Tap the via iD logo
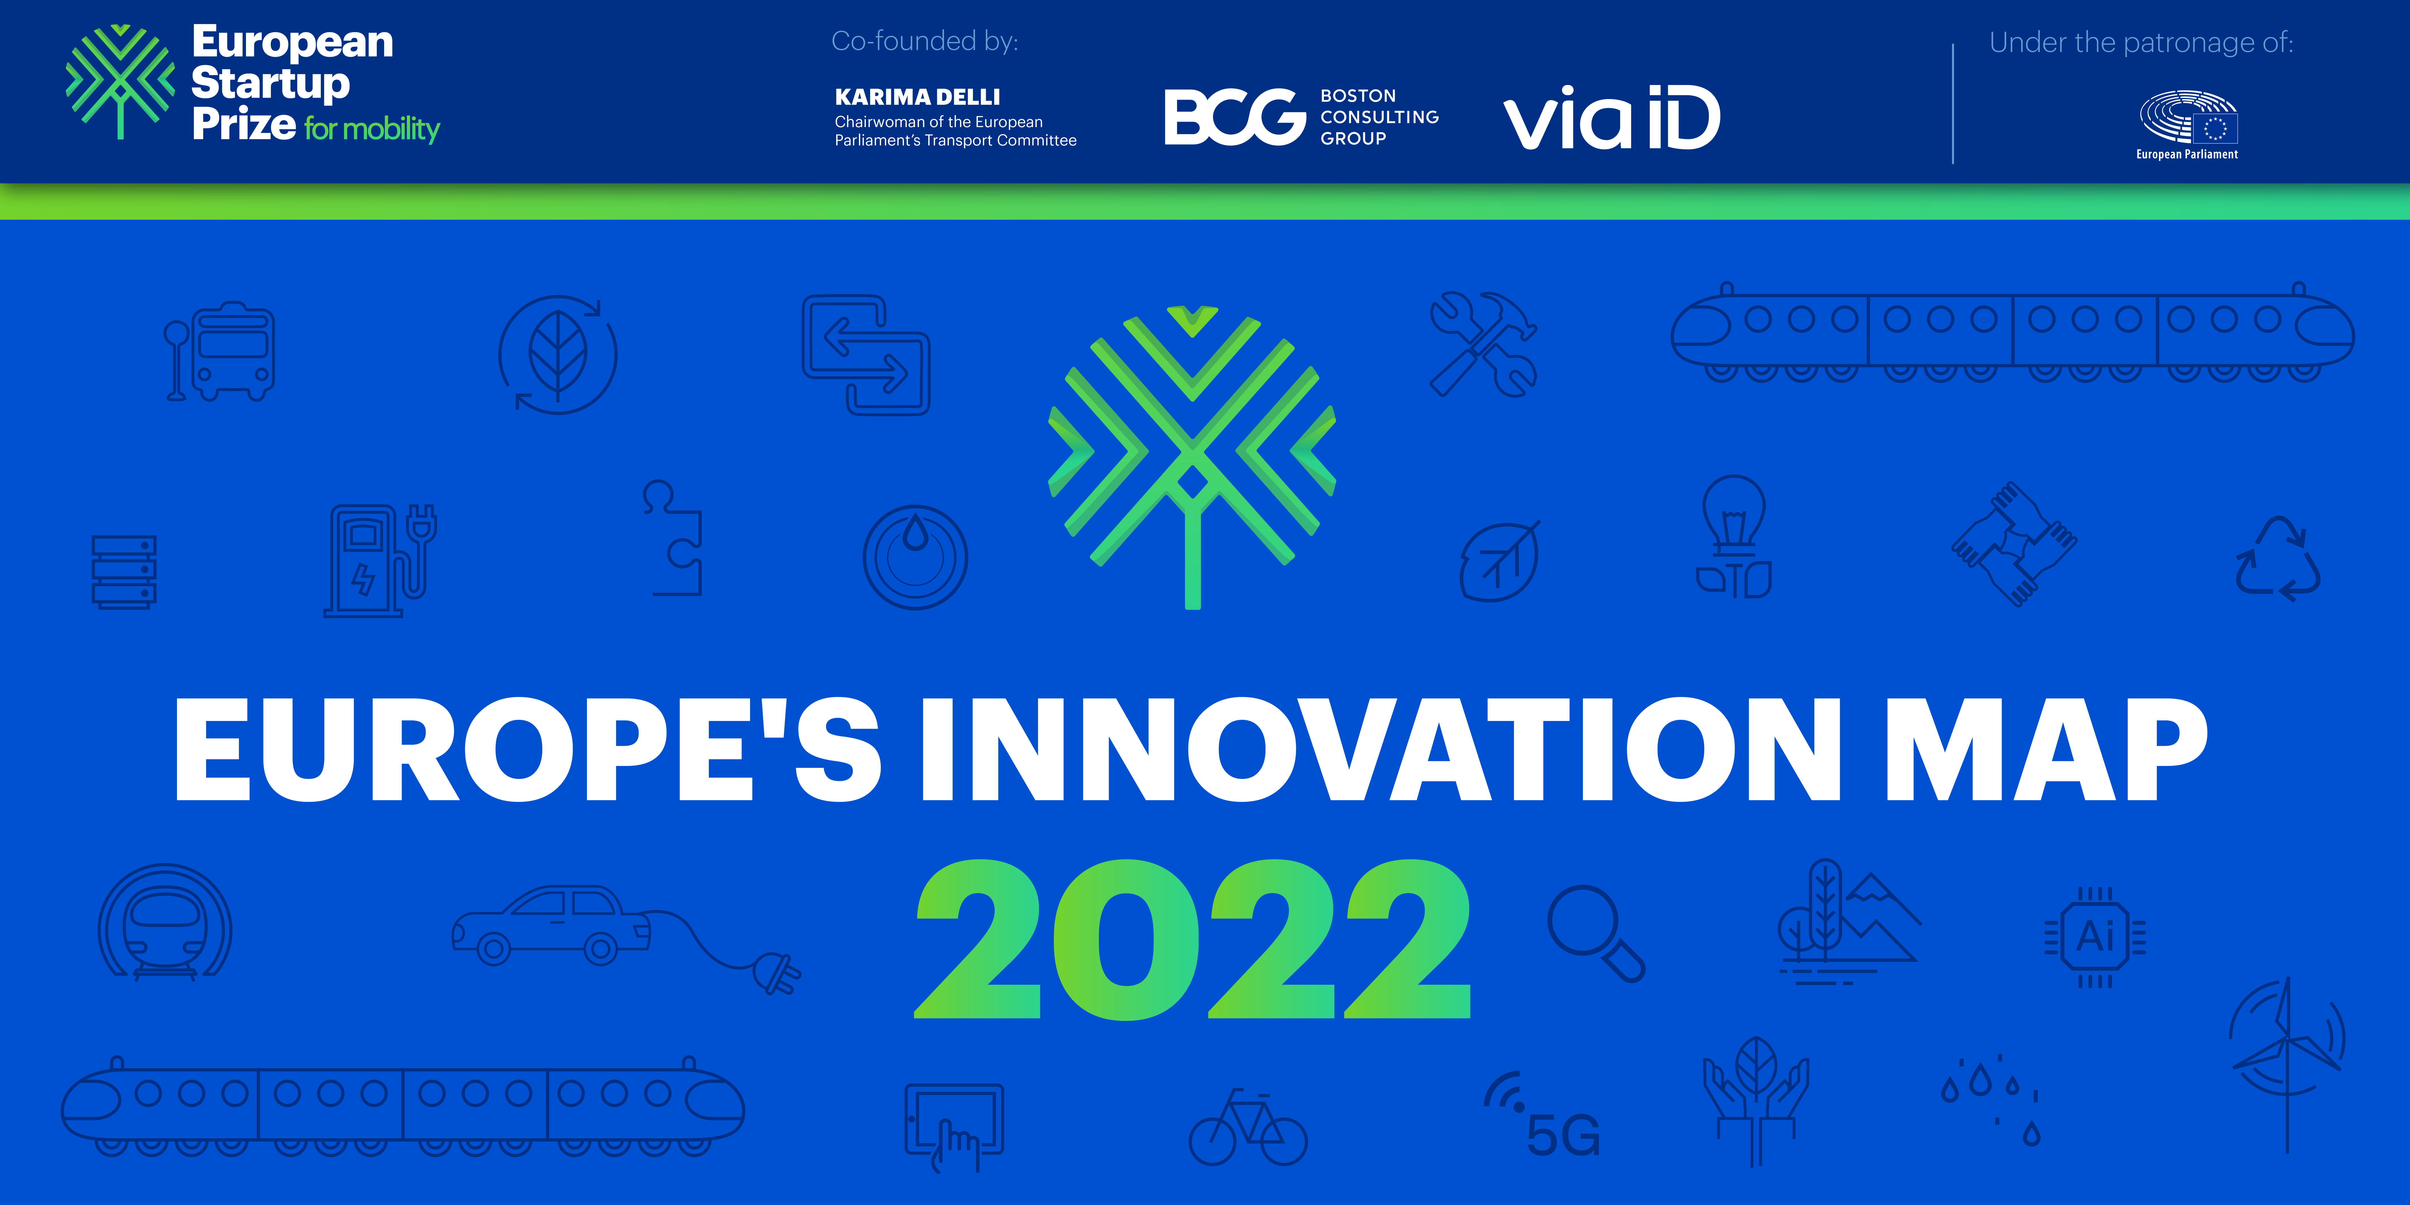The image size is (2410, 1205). (x=1611, y=118)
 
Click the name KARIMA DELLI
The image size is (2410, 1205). (x=917, y=97)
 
